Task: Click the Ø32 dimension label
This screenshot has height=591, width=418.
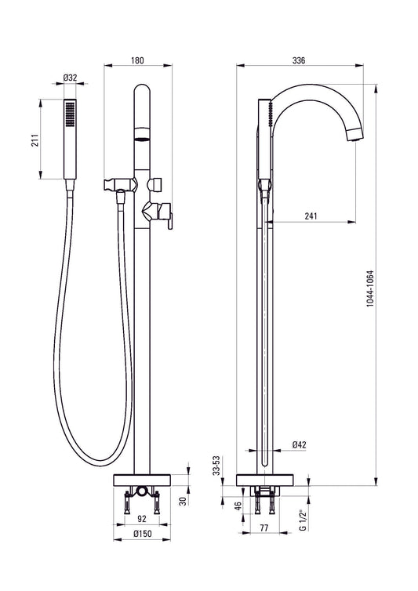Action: point(69,78)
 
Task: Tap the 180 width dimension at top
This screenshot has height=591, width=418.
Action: point(137,60)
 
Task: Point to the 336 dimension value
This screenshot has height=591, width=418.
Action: point(299,60)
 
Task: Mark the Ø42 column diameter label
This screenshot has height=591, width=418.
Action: point(298,444)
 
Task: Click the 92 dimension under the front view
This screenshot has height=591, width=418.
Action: point(141,519)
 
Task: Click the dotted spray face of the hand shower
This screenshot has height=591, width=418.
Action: point(71,114)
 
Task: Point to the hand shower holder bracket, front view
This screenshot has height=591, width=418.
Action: point(116,187)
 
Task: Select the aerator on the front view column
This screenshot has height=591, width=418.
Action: point(141,138)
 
